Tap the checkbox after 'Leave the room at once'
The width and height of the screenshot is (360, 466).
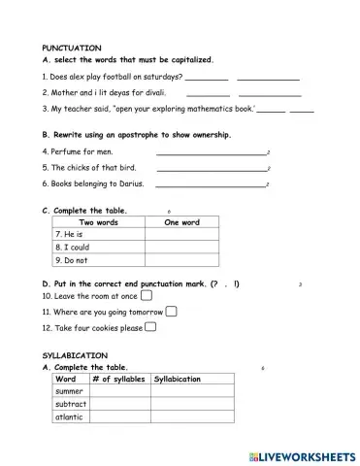coord(147,295)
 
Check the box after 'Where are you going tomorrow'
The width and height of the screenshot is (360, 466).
coord(171,312)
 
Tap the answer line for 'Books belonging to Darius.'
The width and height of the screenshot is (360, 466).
coord(210,184)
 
